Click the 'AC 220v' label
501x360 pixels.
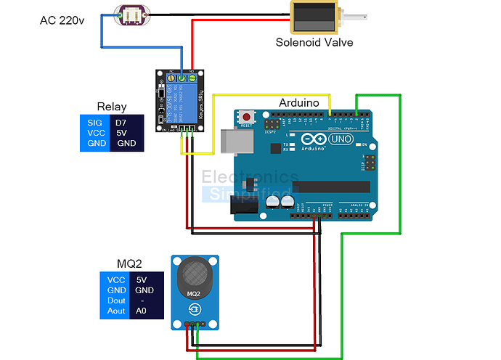coord(62,20)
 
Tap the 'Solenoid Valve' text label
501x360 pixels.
coord(314,42)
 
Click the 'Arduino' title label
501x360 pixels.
coord(299,104)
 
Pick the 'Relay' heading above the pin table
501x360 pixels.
coord(111,106)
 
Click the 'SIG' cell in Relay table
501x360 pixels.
coord(95,123)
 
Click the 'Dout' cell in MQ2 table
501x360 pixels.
coord(116,300)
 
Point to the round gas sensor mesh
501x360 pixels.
coord(194,274)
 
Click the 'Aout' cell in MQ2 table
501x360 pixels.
coord(116,311)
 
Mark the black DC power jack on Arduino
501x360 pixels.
coord(244,208)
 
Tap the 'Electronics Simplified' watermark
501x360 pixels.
coord(250,184)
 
